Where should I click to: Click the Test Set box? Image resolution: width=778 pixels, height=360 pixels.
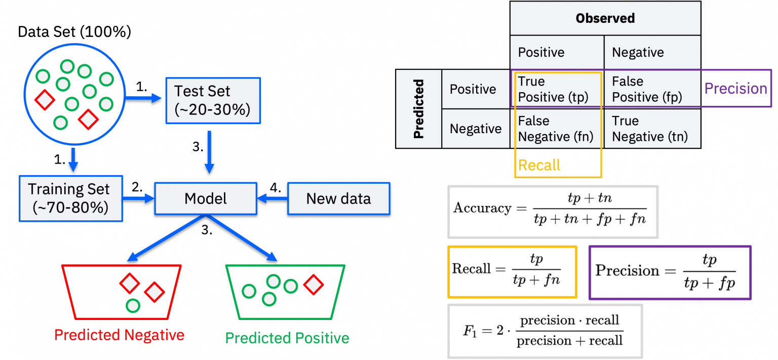pos(213,100)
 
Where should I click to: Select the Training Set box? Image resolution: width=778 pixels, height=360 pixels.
pos(70,198)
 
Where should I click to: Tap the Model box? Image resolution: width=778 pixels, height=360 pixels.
pos(205,198)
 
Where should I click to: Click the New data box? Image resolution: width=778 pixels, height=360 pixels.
pos(338,198)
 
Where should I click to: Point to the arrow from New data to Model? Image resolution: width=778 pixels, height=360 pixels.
pos(273,198)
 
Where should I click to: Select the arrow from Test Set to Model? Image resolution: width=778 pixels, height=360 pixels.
pos(209,152)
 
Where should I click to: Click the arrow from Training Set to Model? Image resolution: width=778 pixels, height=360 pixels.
pos(138,198)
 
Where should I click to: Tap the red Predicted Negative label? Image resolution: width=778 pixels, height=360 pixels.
pos(119,335)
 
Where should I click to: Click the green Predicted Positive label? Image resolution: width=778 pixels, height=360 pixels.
pos(287,338)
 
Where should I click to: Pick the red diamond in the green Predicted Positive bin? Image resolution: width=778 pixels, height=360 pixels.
pos(314,285)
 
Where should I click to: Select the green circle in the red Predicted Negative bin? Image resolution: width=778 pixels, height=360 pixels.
pos(133,305)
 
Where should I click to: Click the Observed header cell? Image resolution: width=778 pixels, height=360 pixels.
pos(605,19)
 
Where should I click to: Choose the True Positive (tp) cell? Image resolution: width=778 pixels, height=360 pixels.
pos(557,89)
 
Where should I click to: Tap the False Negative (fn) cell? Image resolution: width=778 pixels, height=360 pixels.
pos(557,129)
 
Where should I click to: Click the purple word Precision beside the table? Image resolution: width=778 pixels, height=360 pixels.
pos(735,89)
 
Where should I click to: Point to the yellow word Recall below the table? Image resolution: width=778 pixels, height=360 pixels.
pos(539,165)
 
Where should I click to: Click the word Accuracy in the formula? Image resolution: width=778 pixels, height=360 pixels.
pos(482,208)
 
